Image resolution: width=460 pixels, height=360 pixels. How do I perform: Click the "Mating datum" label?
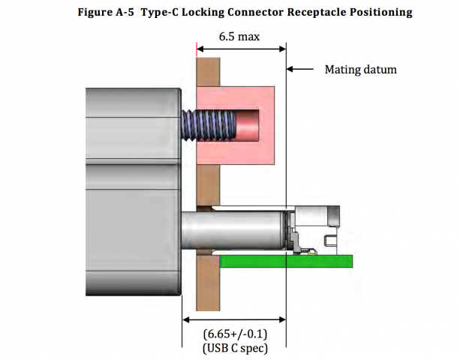point(360,70)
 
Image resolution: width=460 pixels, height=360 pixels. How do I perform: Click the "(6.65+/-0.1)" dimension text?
point(236,333)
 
